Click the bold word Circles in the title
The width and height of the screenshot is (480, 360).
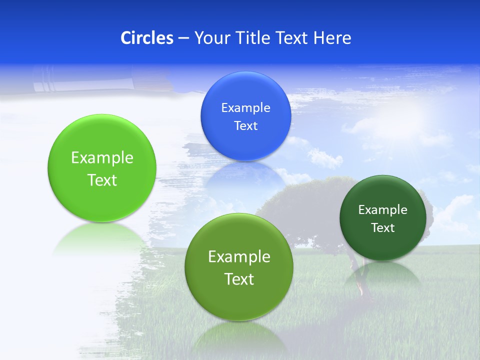click(146, 37)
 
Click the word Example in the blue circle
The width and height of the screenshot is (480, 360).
click(245, 107)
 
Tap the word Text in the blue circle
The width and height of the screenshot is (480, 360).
click(245, 125)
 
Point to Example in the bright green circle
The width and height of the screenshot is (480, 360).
click(102, 158)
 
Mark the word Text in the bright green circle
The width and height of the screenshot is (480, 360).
click(102, 180)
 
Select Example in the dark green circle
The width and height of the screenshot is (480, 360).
click(383, 210)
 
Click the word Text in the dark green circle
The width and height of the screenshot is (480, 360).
click(383, 228)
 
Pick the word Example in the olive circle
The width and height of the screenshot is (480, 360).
click(239, 257)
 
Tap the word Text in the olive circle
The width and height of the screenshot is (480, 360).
click(239, 279)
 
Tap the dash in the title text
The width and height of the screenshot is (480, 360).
click(183, 38)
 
